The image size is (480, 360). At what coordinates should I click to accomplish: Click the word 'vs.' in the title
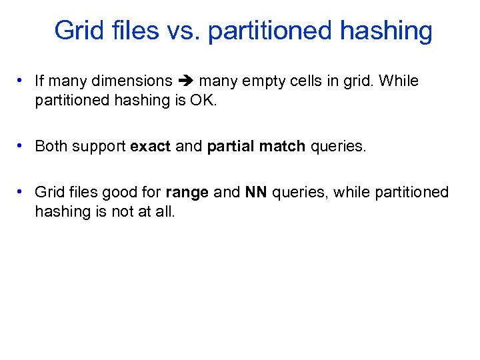tap(179, 31)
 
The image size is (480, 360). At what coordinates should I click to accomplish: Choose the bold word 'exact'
tap(151, 146)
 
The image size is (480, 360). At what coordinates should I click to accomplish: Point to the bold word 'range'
tap(187, 193)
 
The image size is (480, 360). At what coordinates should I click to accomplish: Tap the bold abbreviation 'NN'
tap(255, 192)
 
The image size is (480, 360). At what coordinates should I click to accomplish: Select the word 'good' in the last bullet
tap(124, 193)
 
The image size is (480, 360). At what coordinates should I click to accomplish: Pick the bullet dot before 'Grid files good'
tap(22, 192)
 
